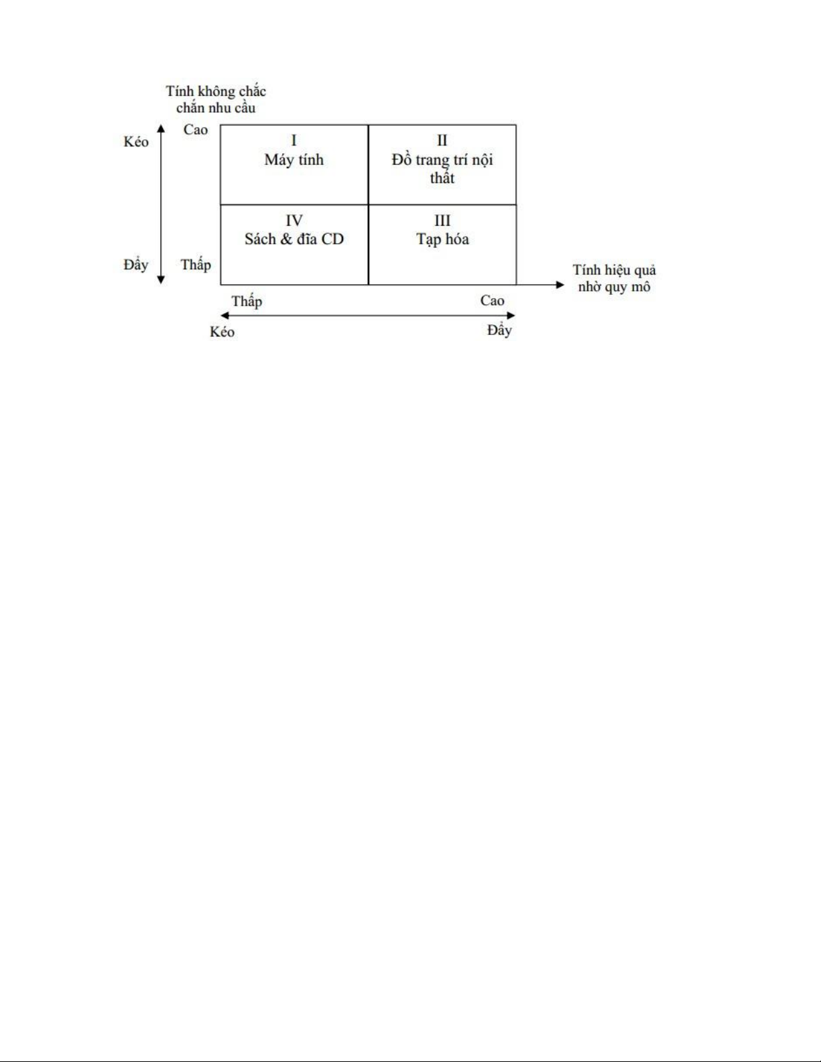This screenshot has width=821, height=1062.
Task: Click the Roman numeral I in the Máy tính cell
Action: pos(294,141)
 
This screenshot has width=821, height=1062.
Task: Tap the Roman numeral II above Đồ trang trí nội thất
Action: pos(442,141)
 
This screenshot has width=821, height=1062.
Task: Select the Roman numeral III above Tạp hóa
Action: pos(442,220)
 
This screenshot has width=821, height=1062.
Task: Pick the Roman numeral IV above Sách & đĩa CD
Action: pos(294,220)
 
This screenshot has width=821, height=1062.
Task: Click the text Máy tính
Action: pos(294,160)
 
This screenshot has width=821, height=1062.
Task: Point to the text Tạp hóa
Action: pos(442,239)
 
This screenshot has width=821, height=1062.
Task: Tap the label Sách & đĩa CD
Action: pos(294,239)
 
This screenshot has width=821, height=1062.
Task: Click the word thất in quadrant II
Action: pos(442,178)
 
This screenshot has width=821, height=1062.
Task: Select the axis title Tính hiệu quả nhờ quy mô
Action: pos(615,278)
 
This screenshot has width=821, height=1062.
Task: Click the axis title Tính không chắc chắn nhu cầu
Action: pos(216,99)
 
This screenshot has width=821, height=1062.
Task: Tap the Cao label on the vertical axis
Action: pos(196,129)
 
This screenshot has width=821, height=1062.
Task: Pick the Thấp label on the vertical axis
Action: pos(196,265)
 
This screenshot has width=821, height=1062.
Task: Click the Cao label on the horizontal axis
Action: pos(492,301)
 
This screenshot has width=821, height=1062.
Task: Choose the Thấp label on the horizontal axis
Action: pos(247,301)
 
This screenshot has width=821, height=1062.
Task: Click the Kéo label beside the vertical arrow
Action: pos(136,142)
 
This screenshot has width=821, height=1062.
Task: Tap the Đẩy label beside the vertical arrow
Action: pos(136,265)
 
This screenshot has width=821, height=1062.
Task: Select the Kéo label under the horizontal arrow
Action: pos(223,332)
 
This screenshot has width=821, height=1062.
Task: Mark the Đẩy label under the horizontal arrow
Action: pos(499,330)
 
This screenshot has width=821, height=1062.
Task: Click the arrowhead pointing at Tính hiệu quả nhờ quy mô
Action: pos(560,285)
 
